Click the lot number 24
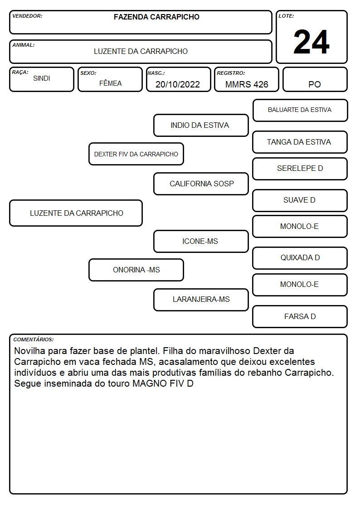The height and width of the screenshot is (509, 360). point(311,42)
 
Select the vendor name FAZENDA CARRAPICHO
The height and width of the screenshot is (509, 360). point(156,17)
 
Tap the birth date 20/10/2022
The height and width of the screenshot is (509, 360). point(178,84)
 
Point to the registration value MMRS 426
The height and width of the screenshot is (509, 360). point(247,84)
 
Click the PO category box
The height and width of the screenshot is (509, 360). point(315,79)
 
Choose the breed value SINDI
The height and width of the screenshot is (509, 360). point(42,78)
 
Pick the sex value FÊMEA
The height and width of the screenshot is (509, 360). point(110,83)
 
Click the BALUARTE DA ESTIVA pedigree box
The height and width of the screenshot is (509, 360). point(300,111)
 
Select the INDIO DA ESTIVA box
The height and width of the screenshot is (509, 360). point(201,125)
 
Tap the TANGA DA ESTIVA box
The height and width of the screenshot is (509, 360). point(300,142)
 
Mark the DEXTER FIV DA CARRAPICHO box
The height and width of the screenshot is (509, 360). point(136,154)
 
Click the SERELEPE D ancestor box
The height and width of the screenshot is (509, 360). point(300,169)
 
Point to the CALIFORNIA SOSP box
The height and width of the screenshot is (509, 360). point(201,184)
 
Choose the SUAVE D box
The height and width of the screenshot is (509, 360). point(300,201)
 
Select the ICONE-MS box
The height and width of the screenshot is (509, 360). point(201,242)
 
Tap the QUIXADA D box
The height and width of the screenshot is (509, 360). point(300,258)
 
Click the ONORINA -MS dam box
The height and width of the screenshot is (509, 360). point(136,270)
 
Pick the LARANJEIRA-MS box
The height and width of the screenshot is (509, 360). point(201,300)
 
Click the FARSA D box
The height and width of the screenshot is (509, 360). point(300,316)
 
